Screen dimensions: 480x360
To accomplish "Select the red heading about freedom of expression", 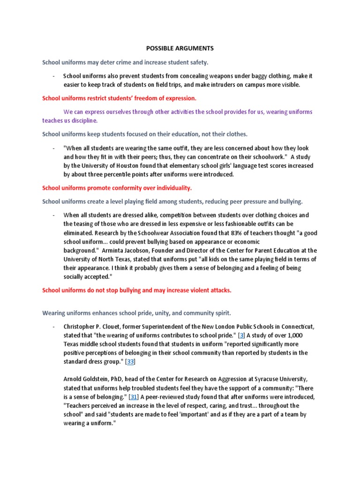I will (119, 98).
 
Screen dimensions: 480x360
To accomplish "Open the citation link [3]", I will (242, 335).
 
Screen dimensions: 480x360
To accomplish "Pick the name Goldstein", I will (100, 379).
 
